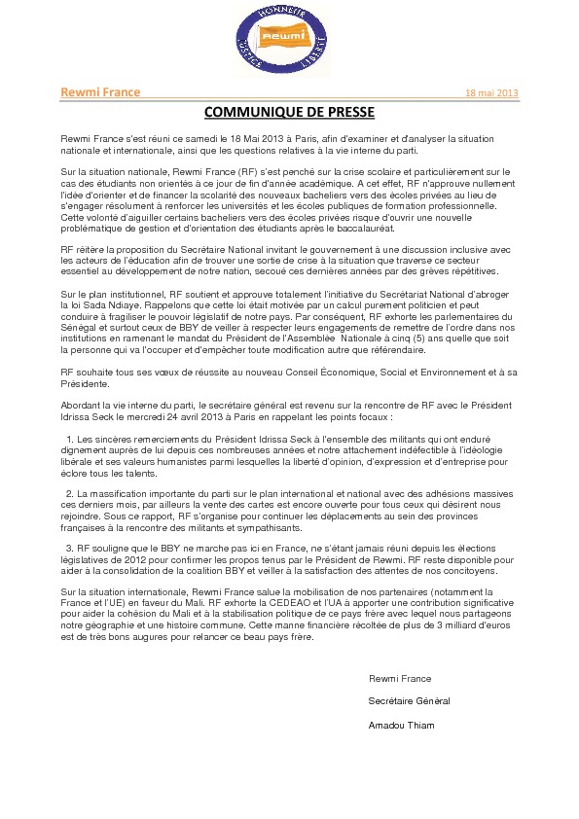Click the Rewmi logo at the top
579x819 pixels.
click(282, 41)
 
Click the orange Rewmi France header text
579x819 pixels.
click(100, 92)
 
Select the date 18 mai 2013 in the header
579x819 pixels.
click(491, 93)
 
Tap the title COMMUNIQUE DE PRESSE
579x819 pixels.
click(289, 112)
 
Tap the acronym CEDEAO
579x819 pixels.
click(311, 603)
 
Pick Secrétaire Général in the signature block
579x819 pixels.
click(409, 700)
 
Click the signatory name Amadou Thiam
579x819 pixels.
click(401, 725)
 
